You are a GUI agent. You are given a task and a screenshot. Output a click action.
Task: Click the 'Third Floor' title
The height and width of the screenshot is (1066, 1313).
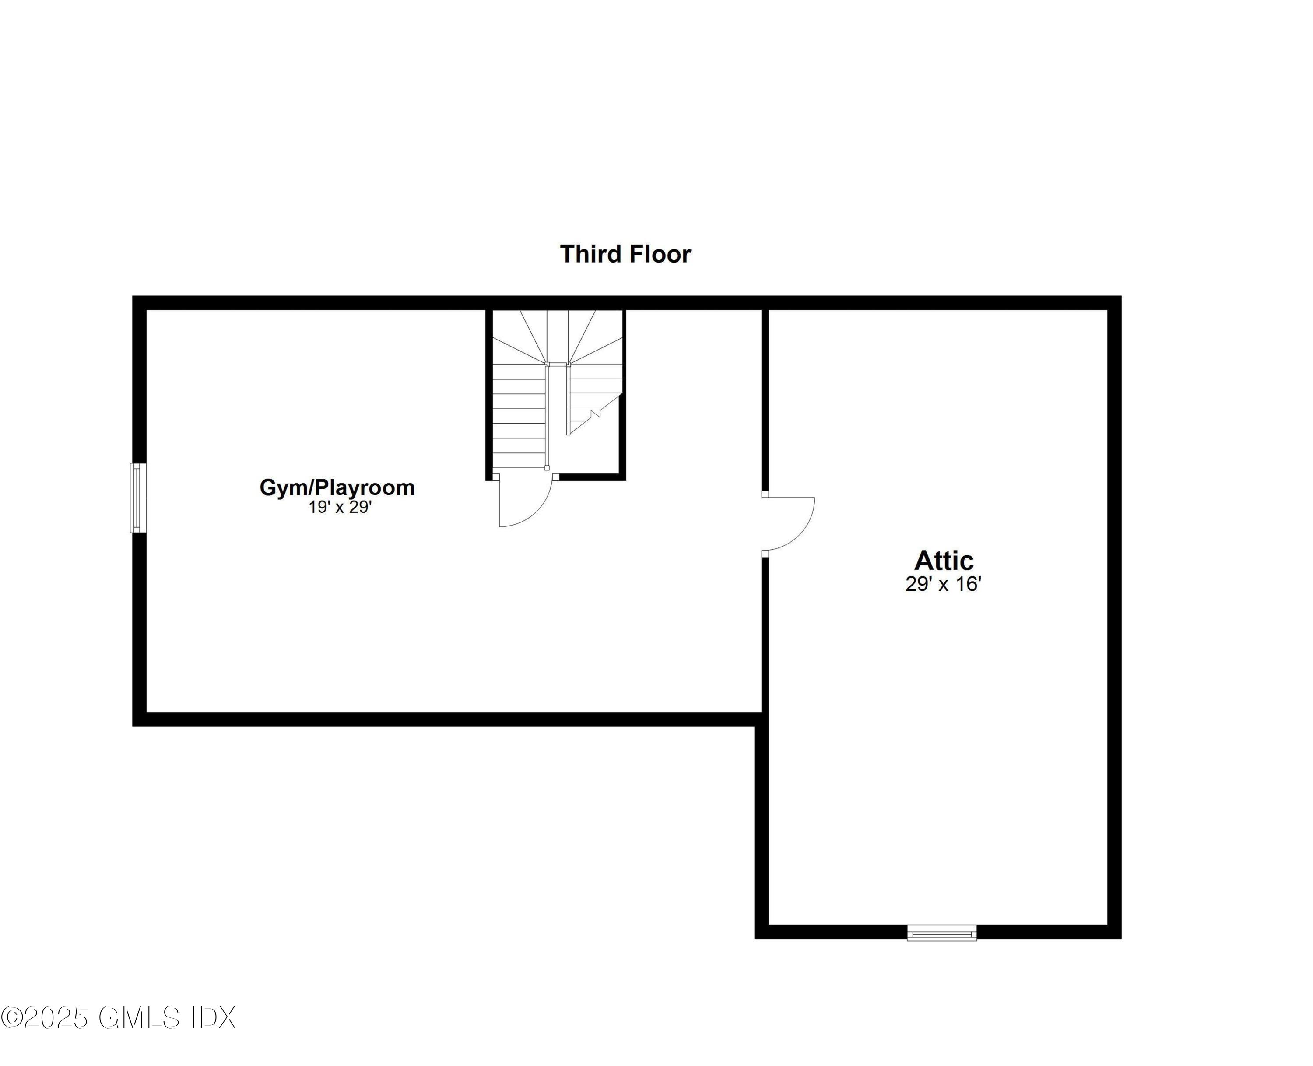[625, 254]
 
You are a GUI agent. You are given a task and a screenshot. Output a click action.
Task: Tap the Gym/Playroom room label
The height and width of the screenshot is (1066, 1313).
[337, 487]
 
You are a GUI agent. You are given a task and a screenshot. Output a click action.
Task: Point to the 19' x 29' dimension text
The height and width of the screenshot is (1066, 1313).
[340, 507]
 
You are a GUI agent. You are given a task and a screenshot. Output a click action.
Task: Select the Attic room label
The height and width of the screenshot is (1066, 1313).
[944, 561]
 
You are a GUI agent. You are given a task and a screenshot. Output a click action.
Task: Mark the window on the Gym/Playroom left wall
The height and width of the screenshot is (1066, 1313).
[138, 498]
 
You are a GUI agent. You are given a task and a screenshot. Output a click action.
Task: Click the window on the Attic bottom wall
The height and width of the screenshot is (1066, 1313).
[942, 933]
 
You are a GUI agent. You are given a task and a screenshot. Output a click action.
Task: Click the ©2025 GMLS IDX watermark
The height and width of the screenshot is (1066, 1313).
[118, 1017]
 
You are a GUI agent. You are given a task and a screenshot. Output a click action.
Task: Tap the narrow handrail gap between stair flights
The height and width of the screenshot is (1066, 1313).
[558, 417]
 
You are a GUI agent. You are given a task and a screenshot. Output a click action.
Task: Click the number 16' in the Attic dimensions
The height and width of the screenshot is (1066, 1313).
[969, 584]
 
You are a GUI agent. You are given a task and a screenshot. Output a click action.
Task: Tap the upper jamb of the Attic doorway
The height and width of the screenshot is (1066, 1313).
[765, 494]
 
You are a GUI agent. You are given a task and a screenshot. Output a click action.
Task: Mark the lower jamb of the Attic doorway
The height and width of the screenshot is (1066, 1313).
[765, 554]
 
